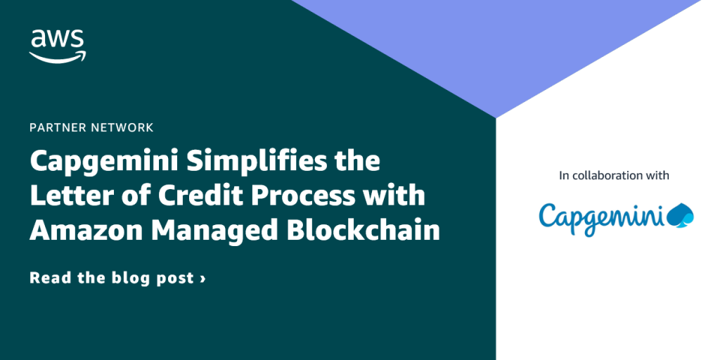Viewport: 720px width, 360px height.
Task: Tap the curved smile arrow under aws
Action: tap(58, 56)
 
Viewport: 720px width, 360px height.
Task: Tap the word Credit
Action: tap(190, 195)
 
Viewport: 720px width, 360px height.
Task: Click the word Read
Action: tap(51, 278)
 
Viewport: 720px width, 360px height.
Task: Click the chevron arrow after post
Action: tap(203, 278)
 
